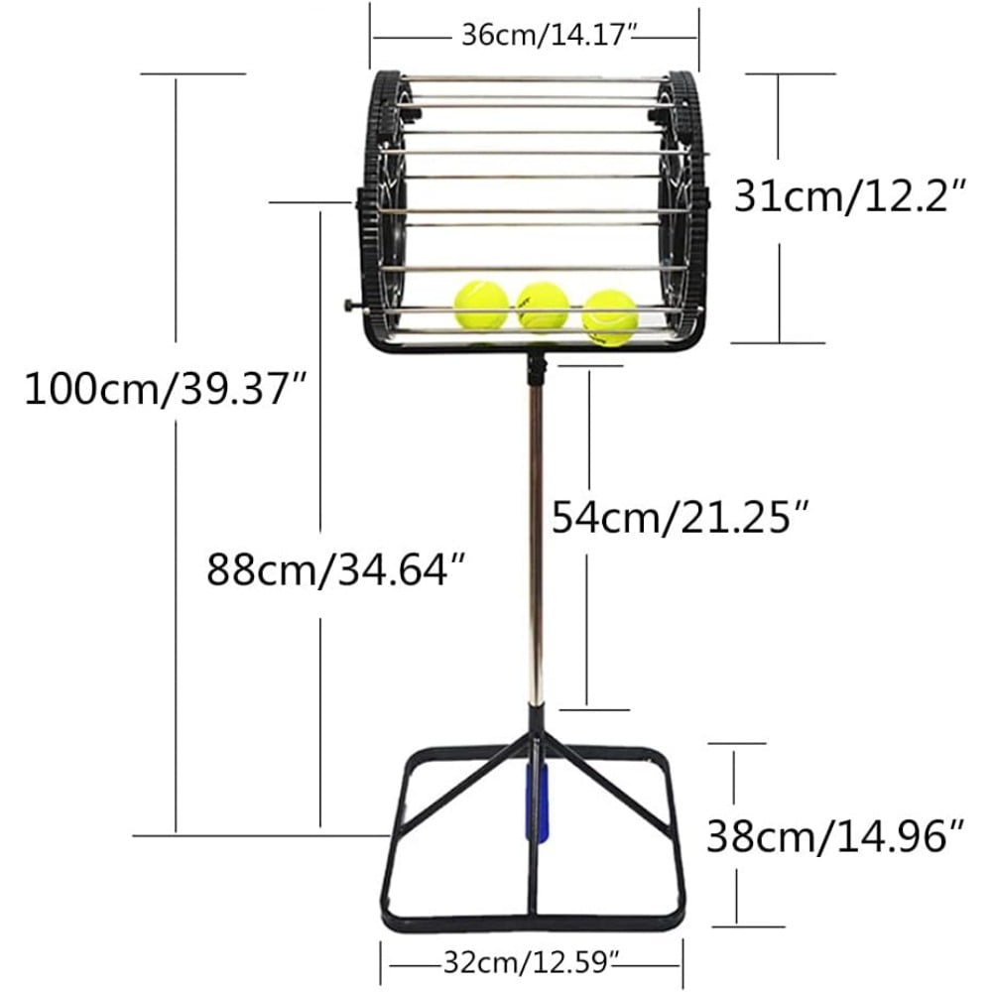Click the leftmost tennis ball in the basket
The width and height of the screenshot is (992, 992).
[x=481, y=305]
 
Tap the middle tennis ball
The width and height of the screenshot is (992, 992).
[x=543, y=305]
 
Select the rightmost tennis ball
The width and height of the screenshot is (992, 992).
[x=610, y=316]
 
